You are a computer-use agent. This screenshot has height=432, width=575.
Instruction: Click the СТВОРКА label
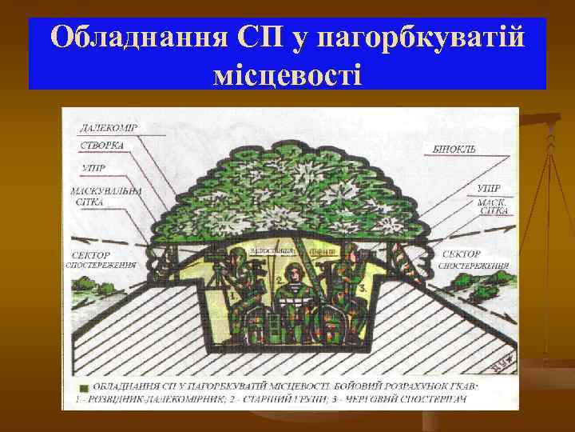(101, 146)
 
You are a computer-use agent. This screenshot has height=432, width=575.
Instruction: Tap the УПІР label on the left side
(93, 168)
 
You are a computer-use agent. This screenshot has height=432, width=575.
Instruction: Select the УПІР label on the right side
(488, 190)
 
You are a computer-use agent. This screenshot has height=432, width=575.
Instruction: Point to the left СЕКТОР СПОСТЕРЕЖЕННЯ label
(101, 259)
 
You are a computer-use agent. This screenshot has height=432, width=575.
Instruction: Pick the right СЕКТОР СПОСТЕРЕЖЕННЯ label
(471, 259)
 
